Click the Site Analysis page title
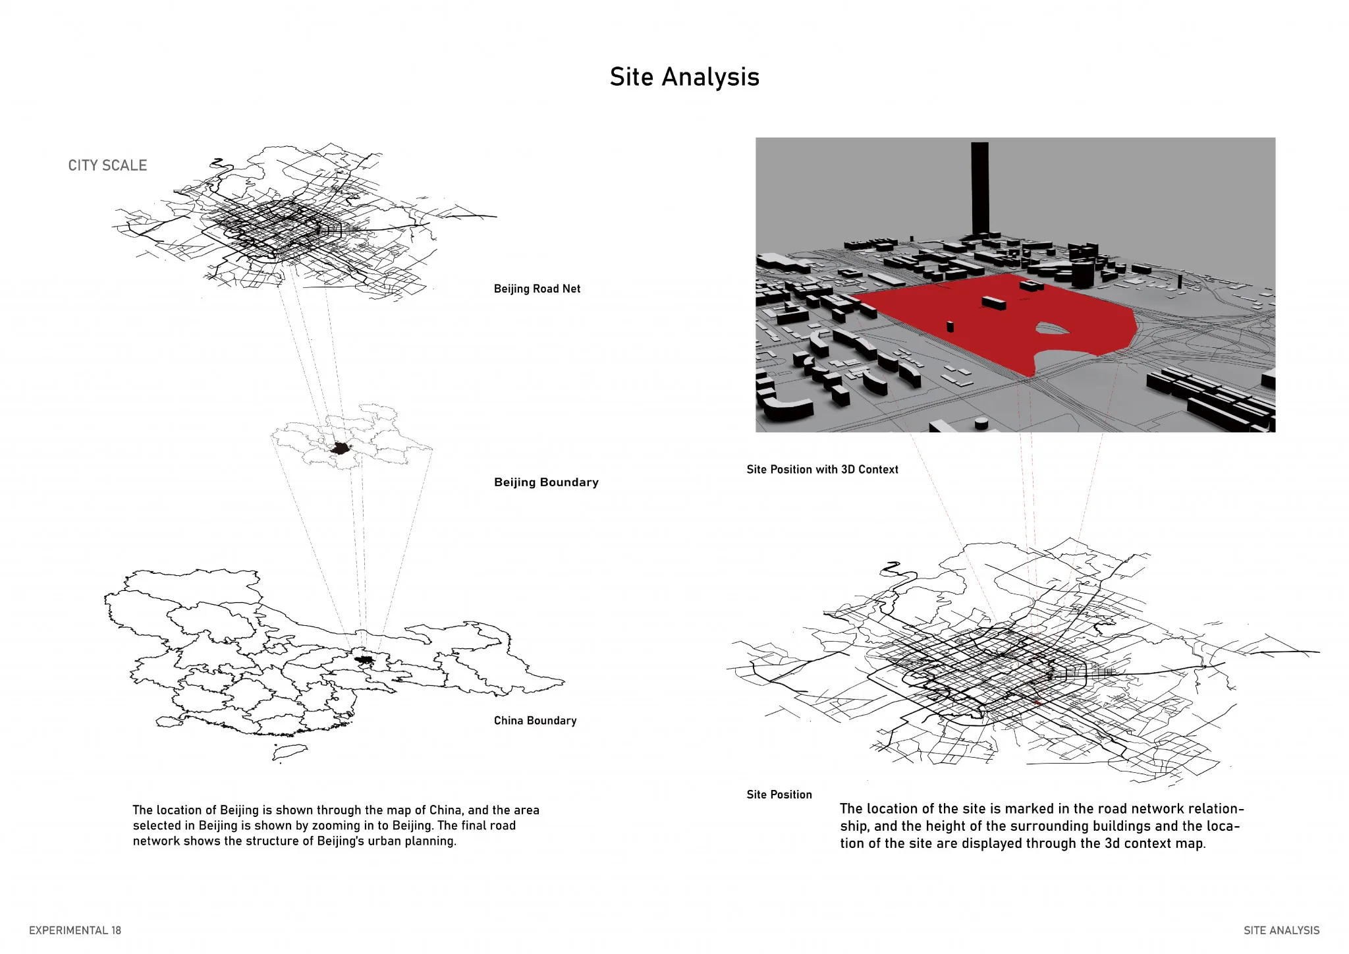pos(684,77)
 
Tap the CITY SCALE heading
pos(107,165)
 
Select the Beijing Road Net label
pos(537,289)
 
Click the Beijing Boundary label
pos(546,482)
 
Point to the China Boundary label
pos(535,721)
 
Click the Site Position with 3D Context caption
pos(822,470)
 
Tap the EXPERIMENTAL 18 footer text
pos(75,930)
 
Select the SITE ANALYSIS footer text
pos(1281,930)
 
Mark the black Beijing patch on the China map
pos(363,659)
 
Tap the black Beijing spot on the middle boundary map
pos(340,449)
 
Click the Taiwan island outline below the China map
pos(290,751)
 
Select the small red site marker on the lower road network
pos(1036,702)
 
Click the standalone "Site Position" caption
pos(779,795)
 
